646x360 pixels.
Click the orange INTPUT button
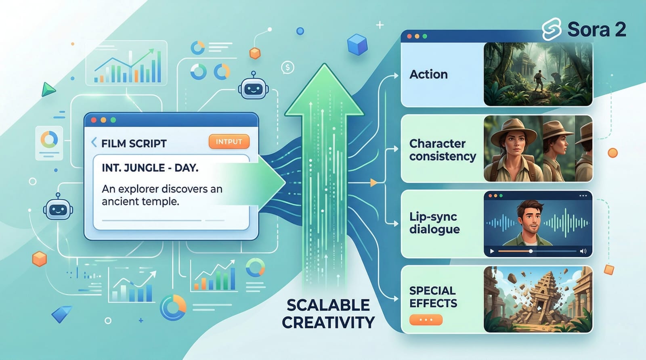[x=229, y=142]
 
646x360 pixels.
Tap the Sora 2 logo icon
[x=552, y=29]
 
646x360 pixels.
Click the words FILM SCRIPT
[x=134, y=143]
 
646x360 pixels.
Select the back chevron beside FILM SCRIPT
[x=94, y=142]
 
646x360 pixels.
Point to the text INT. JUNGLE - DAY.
[x=150, y=167]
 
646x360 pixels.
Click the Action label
[x=428, y=74]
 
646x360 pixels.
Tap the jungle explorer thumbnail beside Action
[x=538, y=74]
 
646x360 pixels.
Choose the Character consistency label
[x=443, y=150]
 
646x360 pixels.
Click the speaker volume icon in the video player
[x=583, y=251]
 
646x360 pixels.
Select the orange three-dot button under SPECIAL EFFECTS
[x=426, y=320]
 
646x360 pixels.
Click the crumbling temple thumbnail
[x=538, y=299]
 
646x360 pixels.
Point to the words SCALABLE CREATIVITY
[x=328, y=314]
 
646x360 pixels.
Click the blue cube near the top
[x=357, y=44]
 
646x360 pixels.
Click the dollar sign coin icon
[x=287, y=67]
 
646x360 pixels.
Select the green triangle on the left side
[x=48, y=90]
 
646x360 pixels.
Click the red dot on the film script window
[x=94, y=120]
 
